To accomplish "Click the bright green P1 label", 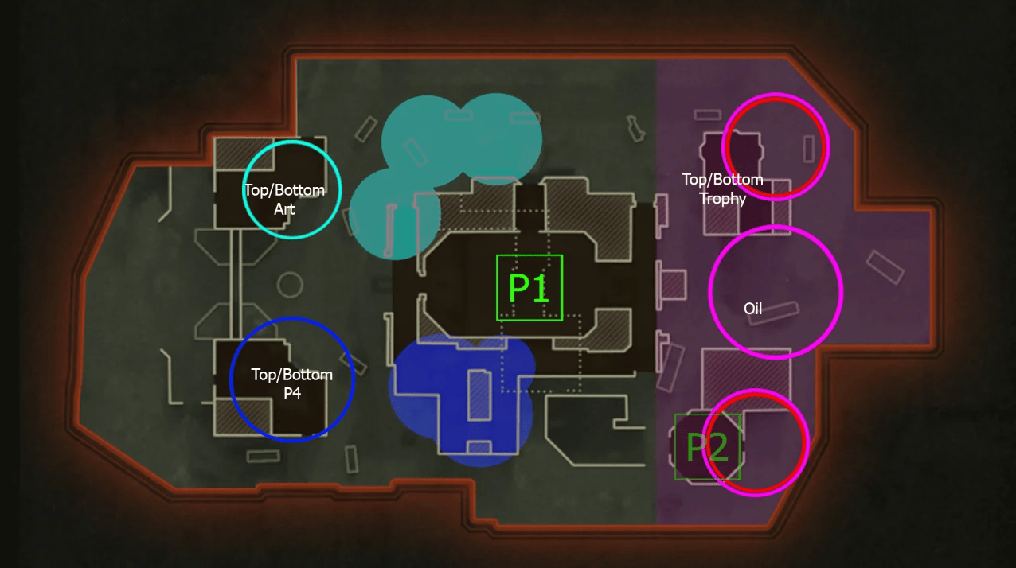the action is coord(529,288).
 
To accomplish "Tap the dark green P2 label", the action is coord(707,448).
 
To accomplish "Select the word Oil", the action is coord(752,308).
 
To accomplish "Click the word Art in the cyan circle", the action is coord(284,209).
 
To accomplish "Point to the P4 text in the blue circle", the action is coord(291,392).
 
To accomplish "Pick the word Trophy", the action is coord(722,199).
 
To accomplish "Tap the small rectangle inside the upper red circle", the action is coord(809,149).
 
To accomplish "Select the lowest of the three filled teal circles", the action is coord(394,213).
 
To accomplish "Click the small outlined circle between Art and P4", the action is coord(289,284).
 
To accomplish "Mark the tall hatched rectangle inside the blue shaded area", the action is coord(479,395).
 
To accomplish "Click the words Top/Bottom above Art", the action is coord(284,191).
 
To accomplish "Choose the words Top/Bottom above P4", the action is coord(291,375).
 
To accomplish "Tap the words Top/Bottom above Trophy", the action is coord(722,180).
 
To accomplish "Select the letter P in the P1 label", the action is coord(520,288).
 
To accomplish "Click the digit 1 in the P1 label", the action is coord(541,288).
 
